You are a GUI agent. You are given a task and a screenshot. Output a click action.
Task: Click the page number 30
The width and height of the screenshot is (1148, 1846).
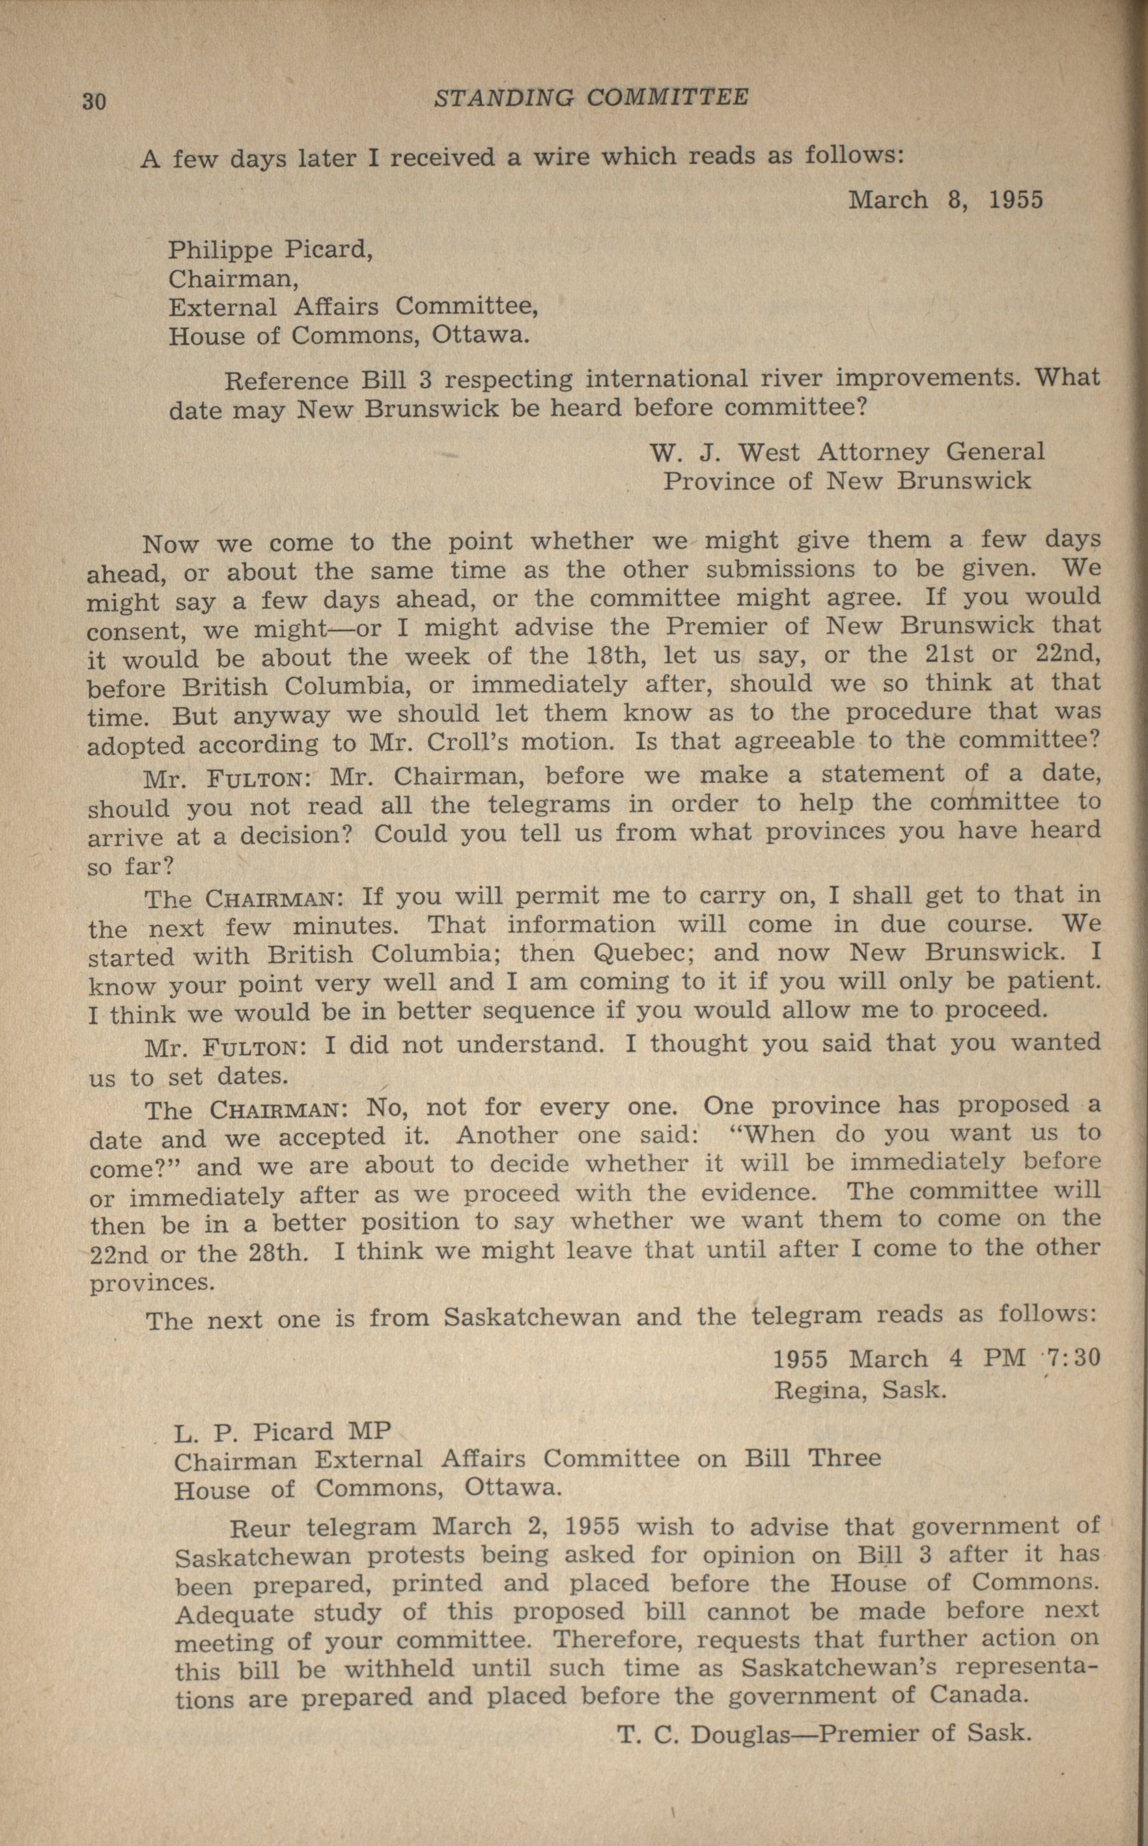coord(94,101)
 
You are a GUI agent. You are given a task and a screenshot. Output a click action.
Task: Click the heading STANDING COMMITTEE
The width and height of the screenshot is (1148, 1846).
coord(591,97)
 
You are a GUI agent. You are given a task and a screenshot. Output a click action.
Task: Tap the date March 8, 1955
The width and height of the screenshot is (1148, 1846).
coord(945,200)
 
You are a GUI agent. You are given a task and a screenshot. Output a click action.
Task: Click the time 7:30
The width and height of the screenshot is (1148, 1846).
coord(1073,1357)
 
